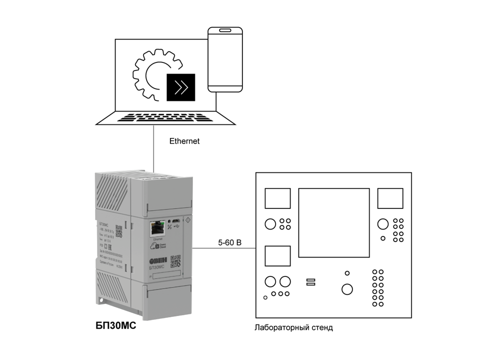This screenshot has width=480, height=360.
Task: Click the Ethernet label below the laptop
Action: pyautogui.click(x=184, y=141)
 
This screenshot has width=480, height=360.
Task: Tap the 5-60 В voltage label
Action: pyautogui.click(x=229, y=243)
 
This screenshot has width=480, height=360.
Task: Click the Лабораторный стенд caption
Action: pyautogui.click(x=293, y=328)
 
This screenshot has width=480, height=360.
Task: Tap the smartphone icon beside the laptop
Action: pyautogui.click(x=225, y=59)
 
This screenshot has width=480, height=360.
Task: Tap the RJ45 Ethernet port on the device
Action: pyautogui.click(x=157, y=228)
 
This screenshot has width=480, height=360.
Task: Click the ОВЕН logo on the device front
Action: pyautogui.click(x=159, y=261)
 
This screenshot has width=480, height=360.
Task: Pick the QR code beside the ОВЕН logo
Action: pyautogui.click(x=175, y=261)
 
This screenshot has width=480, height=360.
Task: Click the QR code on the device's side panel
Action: pyautogui.click(x=119, y=230)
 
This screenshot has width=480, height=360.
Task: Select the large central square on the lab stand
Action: pyautogui.click(x=334, y=222)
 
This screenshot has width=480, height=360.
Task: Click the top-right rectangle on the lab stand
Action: pyautogui.click(x=389, y=198)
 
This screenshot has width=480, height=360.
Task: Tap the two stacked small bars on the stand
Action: pyautogui.click(x=310, y=282)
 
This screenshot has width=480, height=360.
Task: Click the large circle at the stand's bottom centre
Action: pyautogui.click(x=346, y=289)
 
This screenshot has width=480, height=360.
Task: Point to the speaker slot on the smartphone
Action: pyautogui.click(x=225, y=31)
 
